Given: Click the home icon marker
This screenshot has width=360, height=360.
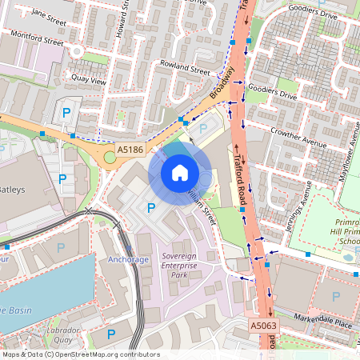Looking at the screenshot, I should tap(180, 172).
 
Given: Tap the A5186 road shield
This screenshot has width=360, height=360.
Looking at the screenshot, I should tap(130, 150).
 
